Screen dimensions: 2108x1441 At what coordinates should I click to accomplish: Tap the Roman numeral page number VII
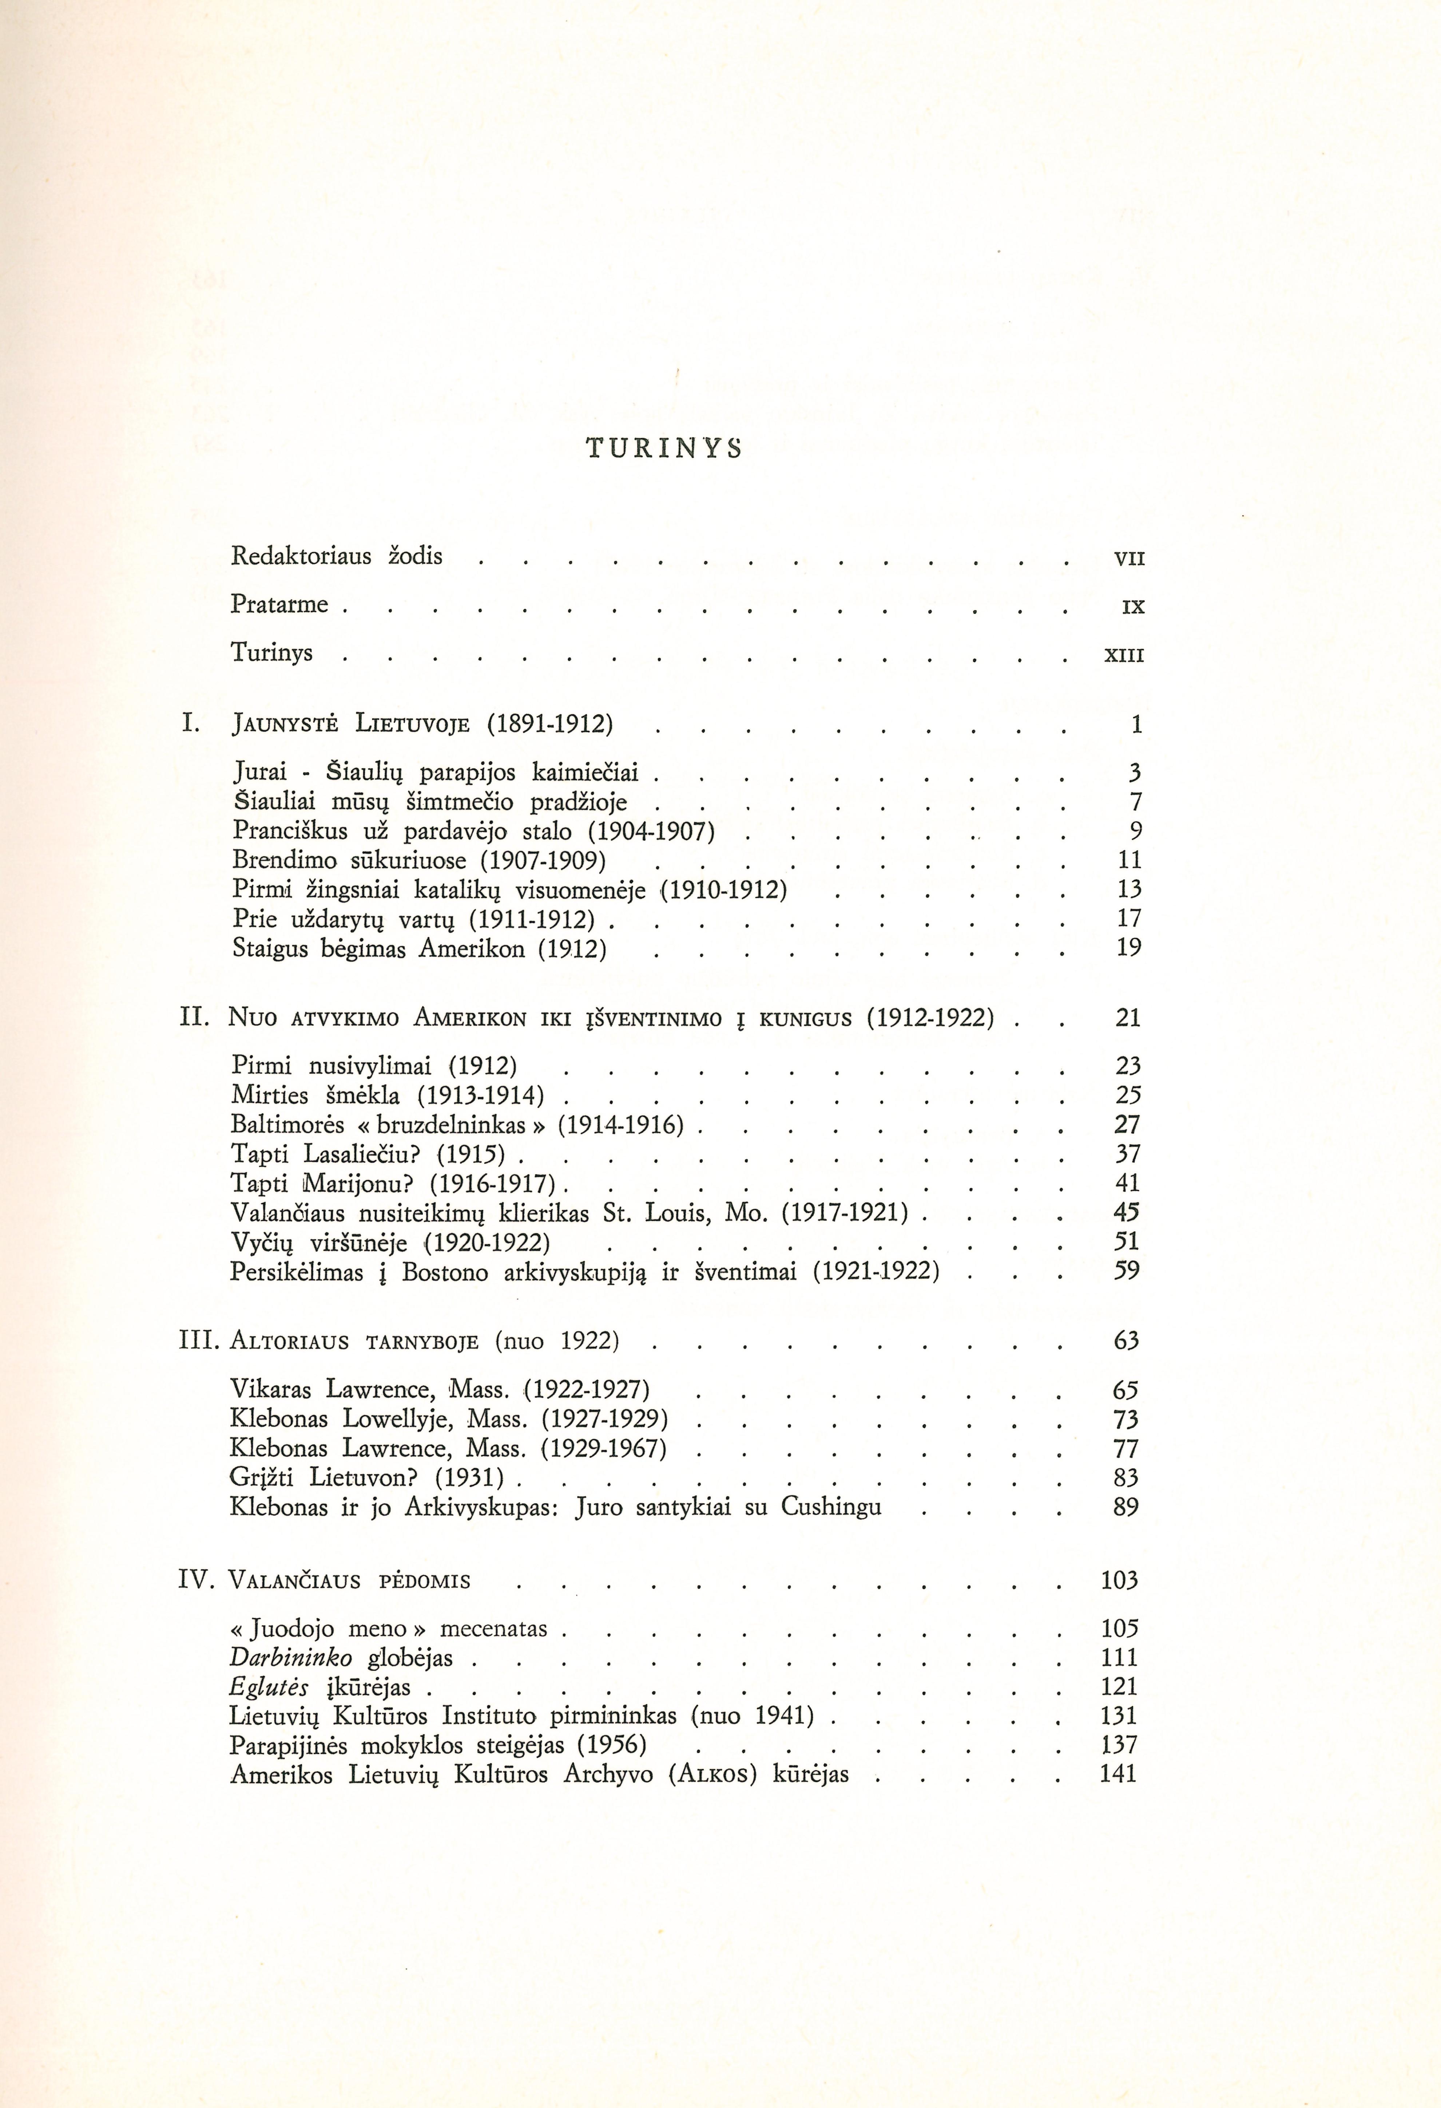tap(1129, 559)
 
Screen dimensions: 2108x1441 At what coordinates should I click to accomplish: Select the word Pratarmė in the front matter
tap(279, 604)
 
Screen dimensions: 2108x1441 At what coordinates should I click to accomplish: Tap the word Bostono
tap(446, 1272)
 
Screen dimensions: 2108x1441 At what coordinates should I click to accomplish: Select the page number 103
tap(1119, 1580)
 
